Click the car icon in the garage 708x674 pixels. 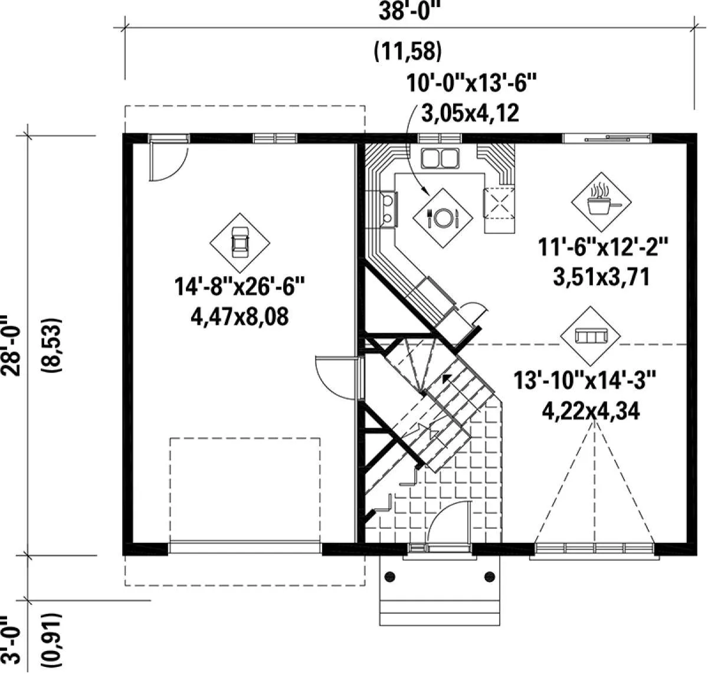[240, 243]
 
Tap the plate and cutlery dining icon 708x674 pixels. [442, 218]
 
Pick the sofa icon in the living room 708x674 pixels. [591, 336]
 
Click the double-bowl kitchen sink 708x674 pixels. [440, 158]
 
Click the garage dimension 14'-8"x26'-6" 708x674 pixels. [240, 286]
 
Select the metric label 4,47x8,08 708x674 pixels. [240, 317]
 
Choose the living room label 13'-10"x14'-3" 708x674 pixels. [585, 380]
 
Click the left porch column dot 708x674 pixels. [389, 577]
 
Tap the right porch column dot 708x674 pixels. [490, 577]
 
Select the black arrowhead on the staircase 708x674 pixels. [447, 378]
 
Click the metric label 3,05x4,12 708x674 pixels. [470, 113]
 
